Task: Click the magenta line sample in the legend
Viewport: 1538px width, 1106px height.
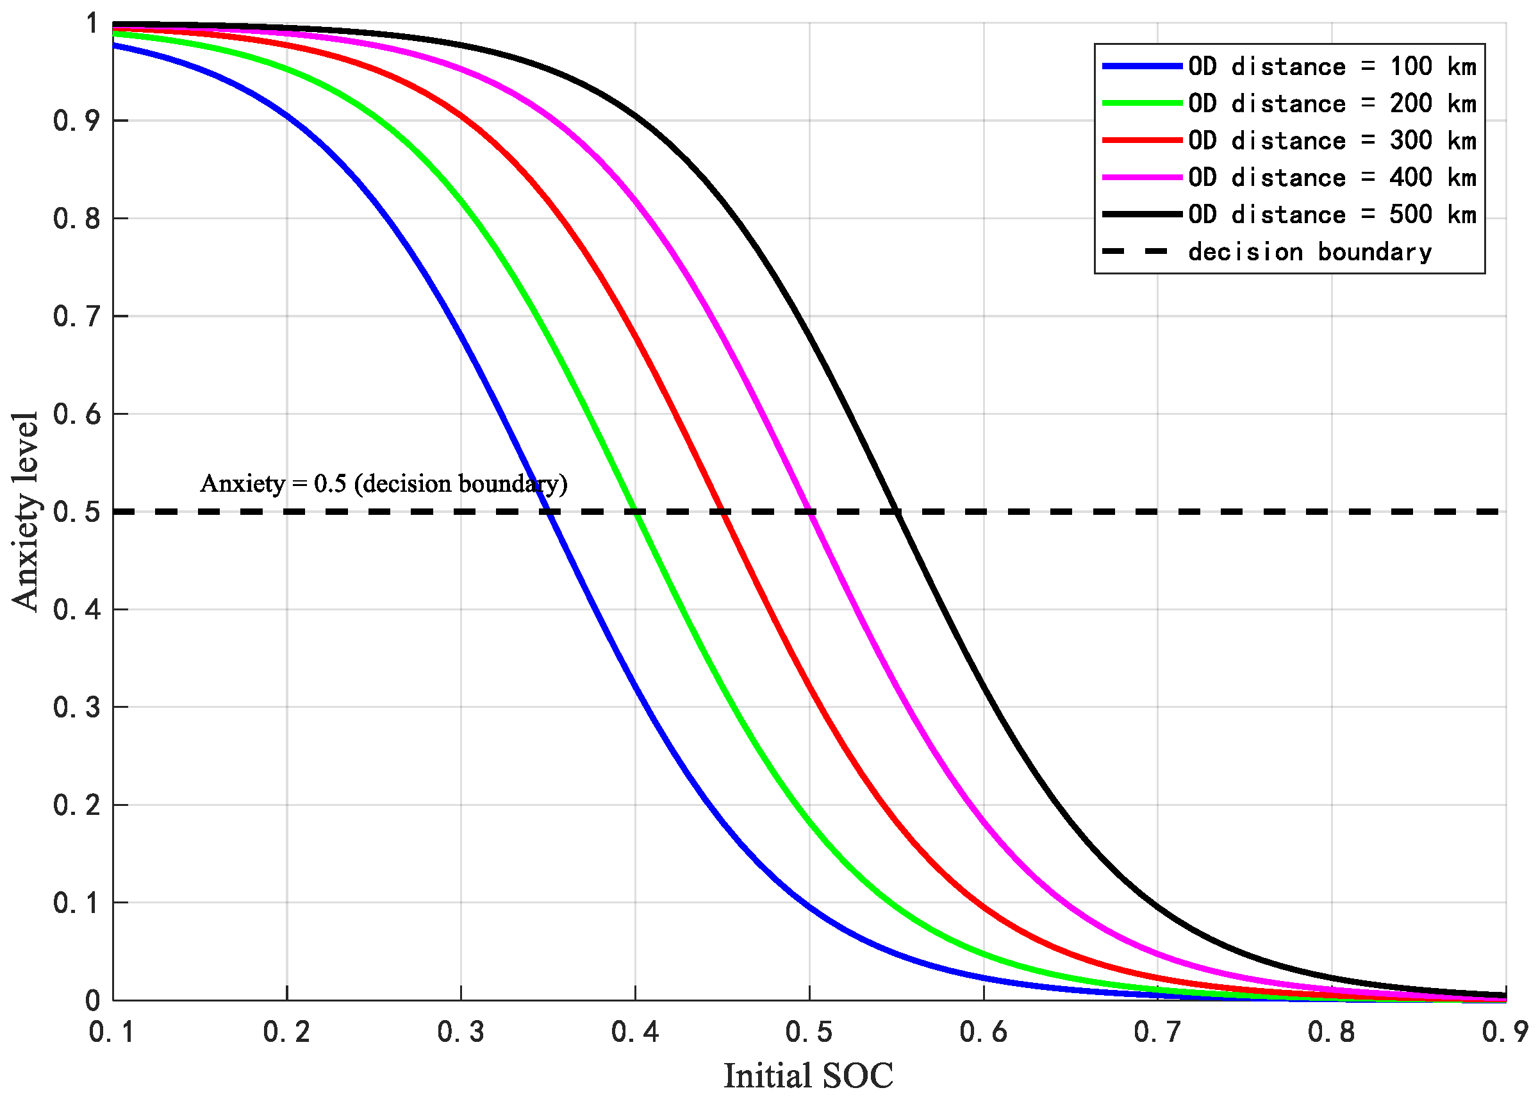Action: pyautogui.click(x=1142, y=177)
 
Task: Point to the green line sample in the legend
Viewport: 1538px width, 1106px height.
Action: pyautogui.click(x=1142, y=103)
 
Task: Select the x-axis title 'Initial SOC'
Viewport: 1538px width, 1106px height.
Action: pyautogui.click(x=808, y=1075)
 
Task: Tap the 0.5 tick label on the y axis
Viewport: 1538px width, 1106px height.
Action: pyautogui.click(x=76, y=512)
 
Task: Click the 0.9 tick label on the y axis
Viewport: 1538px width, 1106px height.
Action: pyautogui.click(x=76, y=121)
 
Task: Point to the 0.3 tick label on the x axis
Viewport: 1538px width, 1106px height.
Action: pyautogui.click(x=461, y=1032)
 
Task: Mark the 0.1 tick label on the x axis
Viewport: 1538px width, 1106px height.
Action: pyautogui.click(x=112, y=1032)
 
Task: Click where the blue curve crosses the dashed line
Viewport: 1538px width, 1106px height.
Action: pyautogui.click(x=548, y=512)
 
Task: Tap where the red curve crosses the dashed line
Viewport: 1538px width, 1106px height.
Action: pyautogui.click(x=722, y=512)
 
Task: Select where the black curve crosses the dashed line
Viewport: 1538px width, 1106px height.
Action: pyautogui.click(x=897, y=512)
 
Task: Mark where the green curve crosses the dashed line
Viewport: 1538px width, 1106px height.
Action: pyautogui.click(x=636, y=512)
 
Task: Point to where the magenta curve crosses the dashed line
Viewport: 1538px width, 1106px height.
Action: pyautogui.click(x=809, y=512)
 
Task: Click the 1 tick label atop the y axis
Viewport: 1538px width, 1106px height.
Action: pyautogui.click(x=92, y=24)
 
